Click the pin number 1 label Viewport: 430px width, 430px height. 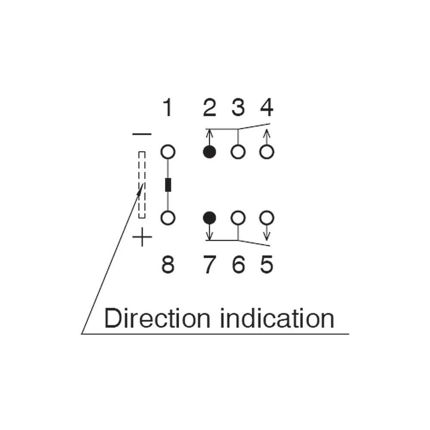[x=167, y=108]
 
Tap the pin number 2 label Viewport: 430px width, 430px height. [x=209, y=108]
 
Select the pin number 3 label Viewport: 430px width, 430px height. [x=238, y=108]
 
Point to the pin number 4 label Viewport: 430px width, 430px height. [x=267, y=108]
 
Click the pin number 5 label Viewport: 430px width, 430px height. [x=267, y=265]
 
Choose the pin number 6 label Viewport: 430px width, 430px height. [x=238, y=265]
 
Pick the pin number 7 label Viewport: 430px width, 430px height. [x=209, y=265]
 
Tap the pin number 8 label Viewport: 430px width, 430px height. [x=168, y=265]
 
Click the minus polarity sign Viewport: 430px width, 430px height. [x=142, y=134]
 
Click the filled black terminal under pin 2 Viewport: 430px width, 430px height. [x=209, y=152]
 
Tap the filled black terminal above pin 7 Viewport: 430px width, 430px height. [x=209, y=218]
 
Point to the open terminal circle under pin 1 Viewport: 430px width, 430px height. [x=168, y=152]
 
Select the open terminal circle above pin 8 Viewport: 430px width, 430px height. [x=168, y=218]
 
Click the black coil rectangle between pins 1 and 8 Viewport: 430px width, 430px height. [x=168, y=184]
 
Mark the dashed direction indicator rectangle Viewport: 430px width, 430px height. [x=142, y=185]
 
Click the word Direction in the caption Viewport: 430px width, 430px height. [x=157, y=319]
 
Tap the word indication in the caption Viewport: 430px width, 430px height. [x=277, y=319]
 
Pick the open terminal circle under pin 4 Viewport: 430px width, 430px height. [x=267, y=152]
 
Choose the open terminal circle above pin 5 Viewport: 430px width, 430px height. [x=267, y=218]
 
